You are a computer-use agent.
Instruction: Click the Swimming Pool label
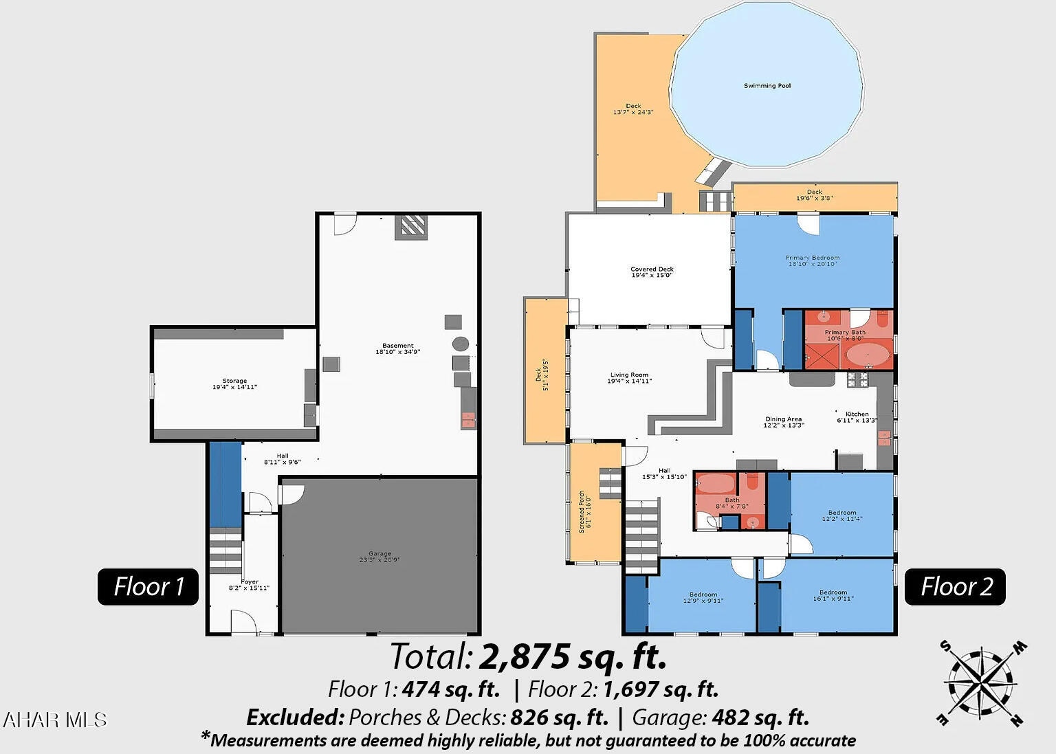(x=767, y=86)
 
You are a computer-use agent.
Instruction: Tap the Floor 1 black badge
(x=148, y=586)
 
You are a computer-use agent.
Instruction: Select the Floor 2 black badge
(x=956, y=586)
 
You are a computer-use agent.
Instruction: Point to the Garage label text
(x=379, y=553)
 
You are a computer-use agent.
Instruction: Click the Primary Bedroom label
(x=812, y=258)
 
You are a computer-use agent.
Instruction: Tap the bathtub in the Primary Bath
(x=866, y=355)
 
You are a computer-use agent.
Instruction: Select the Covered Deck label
(x=652, y=269)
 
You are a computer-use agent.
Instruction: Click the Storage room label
(x=234, y=381)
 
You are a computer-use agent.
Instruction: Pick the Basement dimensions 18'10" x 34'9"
(x=397, y=352)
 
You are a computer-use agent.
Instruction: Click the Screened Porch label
(x=582, y=511)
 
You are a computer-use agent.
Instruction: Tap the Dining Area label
(x=783, y=419)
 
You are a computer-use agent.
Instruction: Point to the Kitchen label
(x=857, y=414)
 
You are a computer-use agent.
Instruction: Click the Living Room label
(x=629, y=375)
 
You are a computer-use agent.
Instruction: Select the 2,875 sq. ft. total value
(x=573, y=656)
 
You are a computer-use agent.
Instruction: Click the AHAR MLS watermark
(x=55, y=720)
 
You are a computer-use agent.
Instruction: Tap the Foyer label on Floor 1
(x=250, y=581)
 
